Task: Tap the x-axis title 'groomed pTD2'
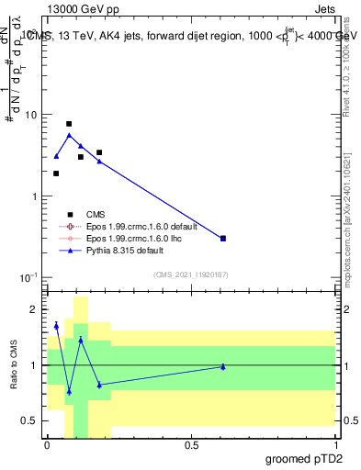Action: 305,456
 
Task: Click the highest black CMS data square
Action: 69,123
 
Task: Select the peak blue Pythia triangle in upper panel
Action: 69,135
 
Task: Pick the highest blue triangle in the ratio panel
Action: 56,325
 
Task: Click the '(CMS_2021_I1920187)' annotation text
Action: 191,273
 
